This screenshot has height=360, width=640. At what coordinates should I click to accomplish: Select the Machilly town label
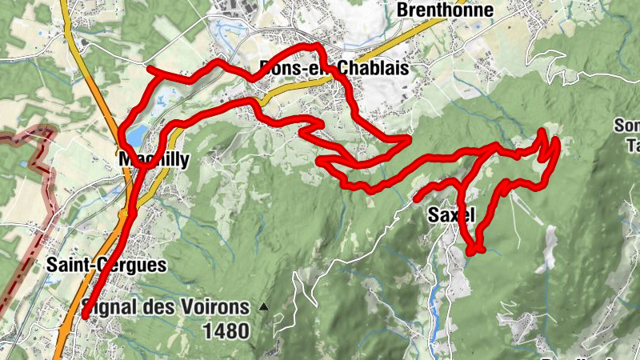tap(154, 160)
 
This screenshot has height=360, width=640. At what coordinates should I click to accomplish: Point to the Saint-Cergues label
tap(106, 265)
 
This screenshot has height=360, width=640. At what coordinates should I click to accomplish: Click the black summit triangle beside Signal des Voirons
tap(264, 306)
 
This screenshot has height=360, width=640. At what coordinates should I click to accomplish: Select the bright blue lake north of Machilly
tap(136, 133)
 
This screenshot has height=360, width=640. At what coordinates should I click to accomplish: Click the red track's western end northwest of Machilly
tap(150, 70)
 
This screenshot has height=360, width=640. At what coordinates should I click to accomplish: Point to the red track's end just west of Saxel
tap(416, 197)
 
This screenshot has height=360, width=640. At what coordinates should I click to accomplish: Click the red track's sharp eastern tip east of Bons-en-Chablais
tap(409, 138)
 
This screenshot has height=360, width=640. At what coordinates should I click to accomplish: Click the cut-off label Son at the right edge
tap(627, 126)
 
